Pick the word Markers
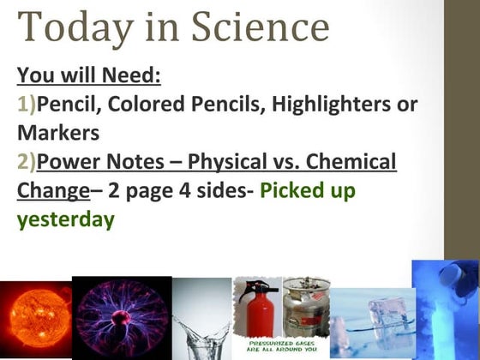pos(58,134)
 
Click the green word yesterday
pos(65,219)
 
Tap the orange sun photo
pos(34,319)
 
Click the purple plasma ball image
pos(121,318)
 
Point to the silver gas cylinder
pos(304,309)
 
